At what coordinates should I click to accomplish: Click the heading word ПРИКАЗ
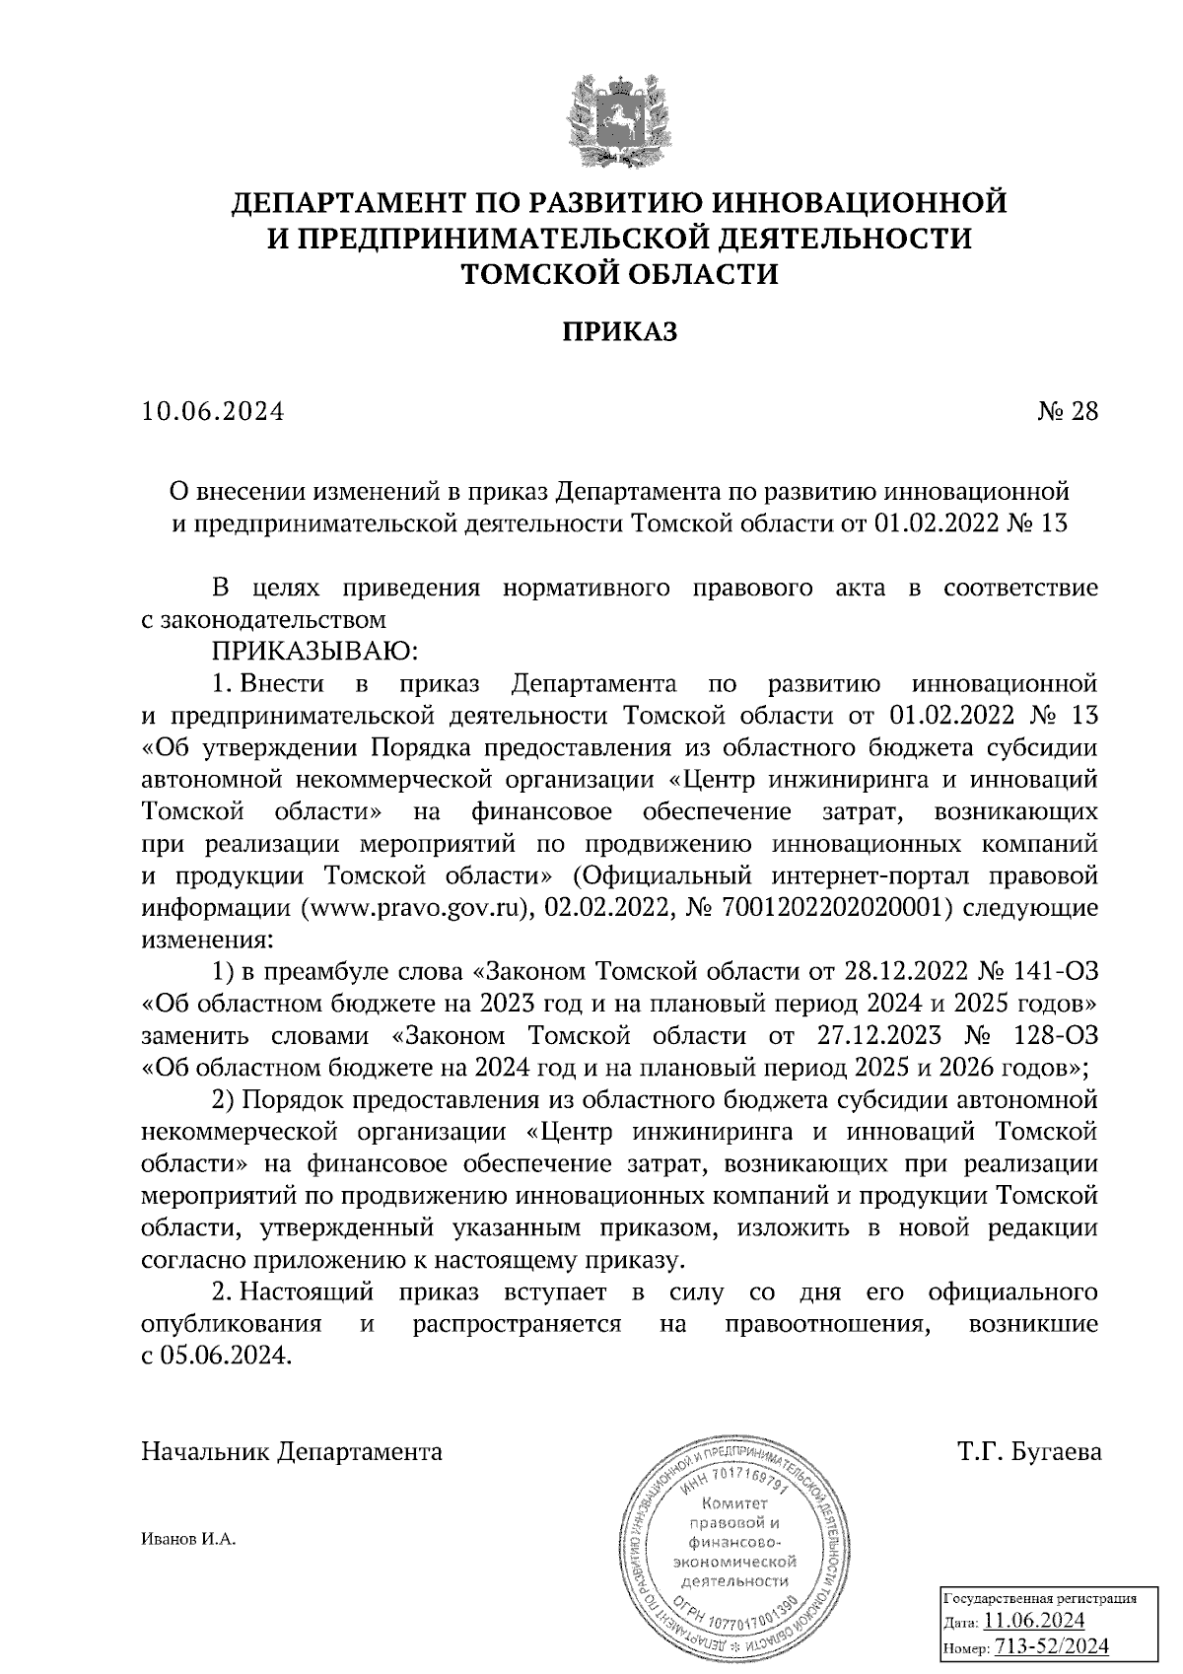click(620, 332)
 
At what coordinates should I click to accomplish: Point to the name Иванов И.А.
click(189, 1540)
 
